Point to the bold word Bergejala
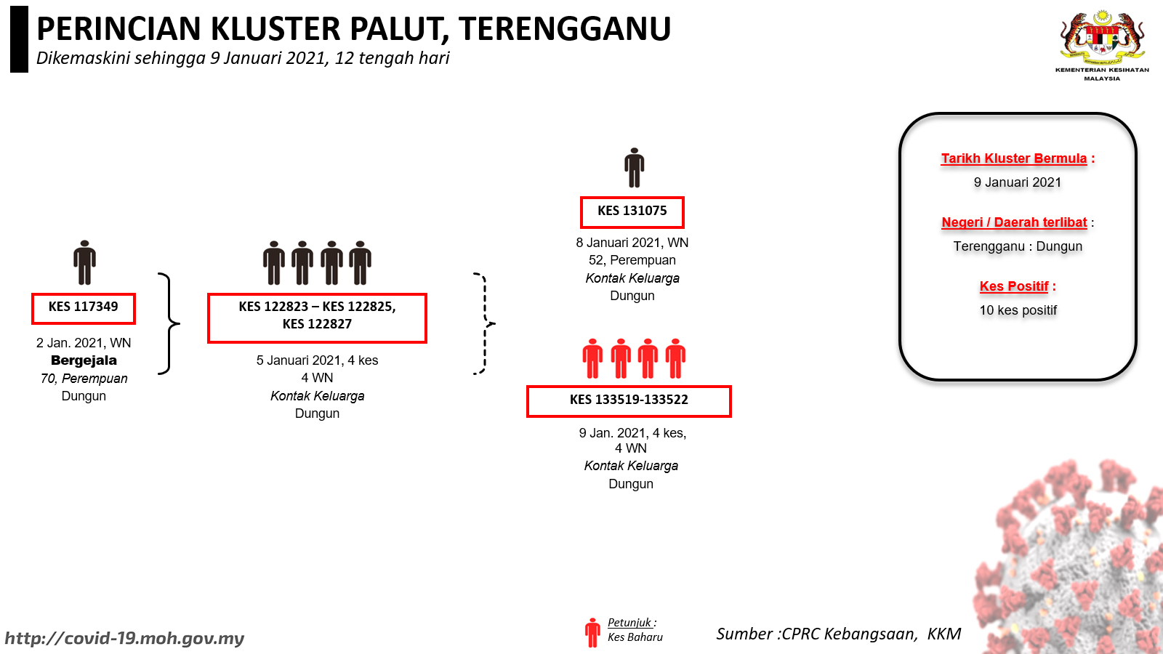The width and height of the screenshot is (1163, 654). tap(84, 360)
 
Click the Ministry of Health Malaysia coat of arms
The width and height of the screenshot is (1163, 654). tap(1102, 36)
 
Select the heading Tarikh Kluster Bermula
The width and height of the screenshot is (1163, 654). tap(1014, 158)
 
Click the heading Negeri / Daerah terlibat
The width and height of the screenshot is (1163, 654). tap(1014, 222)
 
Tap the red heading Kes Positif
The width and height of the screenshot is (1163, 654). tap(1014, 286)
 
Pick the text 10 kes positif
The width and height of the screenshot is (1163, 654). tap(1018, 310)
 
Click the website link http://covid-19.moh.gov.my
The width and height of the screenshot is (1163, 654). tap(124, 638)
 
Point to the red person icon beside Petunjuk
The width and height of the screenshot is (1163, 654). tap(592, 632)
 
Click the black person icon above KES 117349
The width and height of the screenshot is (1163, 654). tap(84, 262)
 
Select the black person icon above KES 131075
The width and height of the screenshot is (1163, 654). tap(634, 168)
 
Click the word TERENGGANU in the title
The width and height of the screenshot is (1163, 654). tap(565, 28)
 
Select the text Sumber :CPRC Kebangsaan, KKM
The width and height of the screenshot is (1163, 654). tap(839, 634)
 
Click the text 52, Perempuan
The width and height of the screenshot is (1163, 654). tap(632, 260)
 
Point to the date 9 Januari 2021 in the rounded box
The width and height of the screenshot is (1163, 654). tap(1017, 182)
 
